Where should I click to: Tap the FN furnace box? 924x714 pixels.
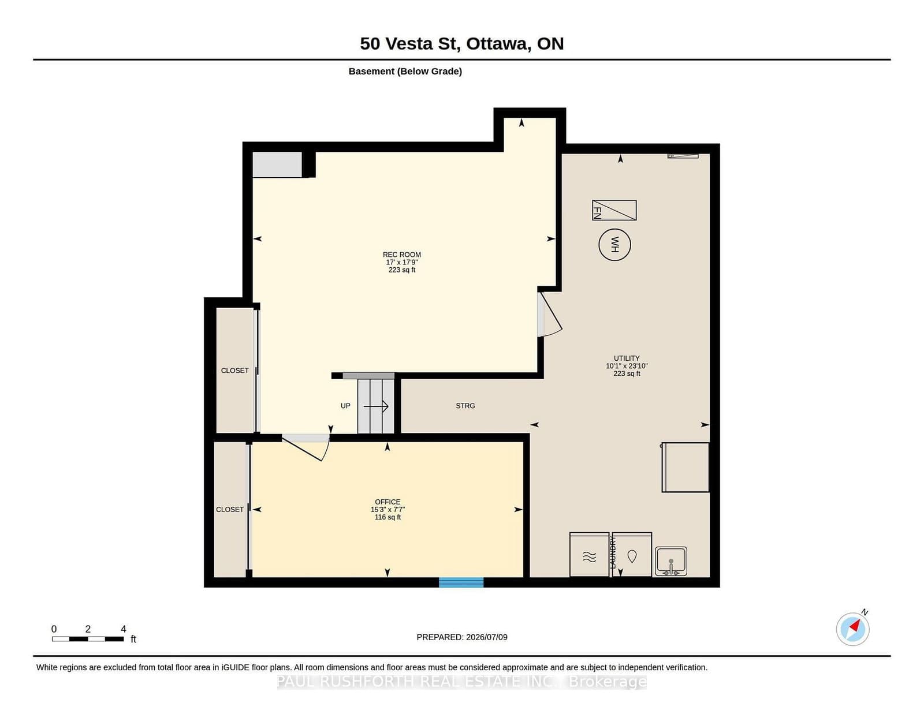pyautogui.click(x=614, y=210)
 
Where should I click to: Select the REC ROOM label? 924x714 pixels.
pyautogui.click(x=401, y=255)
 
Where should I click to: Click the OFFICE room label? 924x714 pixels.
pyautogui.click(x=388, y=502)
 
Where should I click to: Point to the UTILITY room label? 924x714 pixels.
pyautogui.click(x=627, y=358)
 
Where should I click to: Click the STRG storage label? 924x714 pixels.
pyautogui.click(x=465, y=406)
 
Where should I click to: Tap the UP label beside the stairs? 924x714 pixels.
pyautogui.click(x=345, y=406)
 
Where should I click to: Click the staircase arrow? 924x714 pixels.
pyautogui.click(x=376, y=406)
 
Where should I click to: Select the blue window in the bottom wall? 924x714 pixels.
pyautogui.click(x=461, y=582)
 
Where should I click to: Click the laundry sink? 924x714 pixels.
pyautogui.click(x=671, y=562)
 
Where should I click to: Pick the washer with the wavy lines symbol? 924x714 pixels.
pyautogui.click(x=590, y=555)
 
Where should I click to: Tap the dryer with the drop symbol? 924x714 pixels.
pyautogui.click(x=632, y=555)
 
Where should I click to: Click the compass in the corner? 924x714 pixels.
pyautogui.click(x=852, y=629)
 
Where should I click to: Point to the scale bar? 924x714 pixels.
pyautogui.click(x=88, y=639)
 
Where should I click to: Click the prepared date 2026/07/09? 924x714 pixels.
pyautogui.click(x=486, y=637)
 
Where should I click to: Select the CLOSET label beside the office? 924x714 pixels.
pyautogui.click(x=230, y=510)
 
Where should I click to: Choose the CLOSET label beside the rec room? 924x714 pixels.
pyautogui.click(x=234, y=371)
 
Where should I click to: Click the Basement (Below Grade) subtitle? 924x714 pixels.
pyautogui.click(x=405, y=72)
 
